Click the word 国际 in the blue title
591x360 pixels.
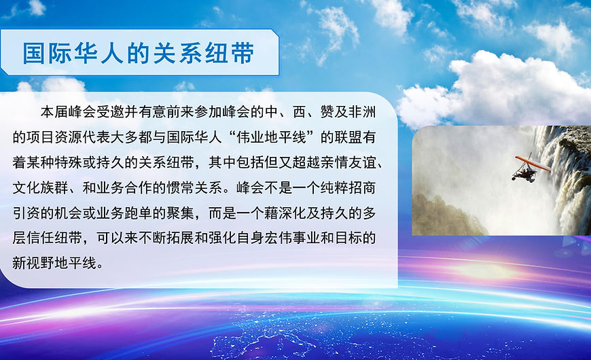(46, 53)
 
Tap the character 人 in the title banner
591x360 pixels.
(111, 53)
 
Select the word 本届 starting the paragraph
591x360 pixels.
(54, 112)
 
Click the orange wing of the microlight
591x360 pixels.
(533, 163)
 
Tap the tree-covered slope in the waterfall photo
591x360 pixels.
(445, 217)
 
